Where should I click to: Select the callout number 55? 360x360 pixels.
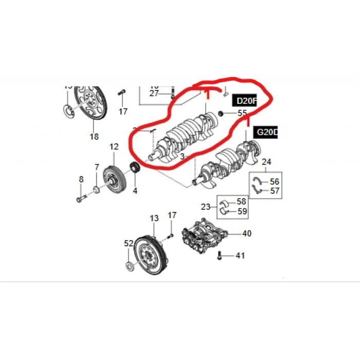click(242, 113)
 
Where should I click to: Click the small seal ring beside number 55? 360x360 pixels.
click(222, 113)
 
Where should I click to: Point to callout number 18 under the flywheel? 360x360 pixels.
click(94, 136)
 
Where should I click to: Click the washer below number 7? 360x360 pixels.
click(97, 191)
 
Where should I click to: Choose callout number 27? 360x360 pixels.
click(154, 94)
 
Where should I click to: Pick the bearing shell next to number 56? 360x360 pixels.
click(258, 181)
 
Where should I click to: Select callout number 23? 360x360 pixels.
click(206, 207)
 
